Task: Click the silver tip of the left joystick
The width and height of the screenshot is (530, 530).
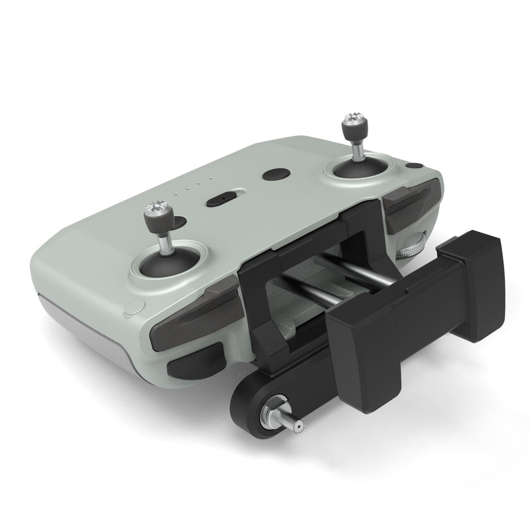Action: click(156, 209)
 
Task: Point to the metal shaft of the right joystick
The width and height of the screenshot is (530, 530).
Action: click(357, 146)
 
